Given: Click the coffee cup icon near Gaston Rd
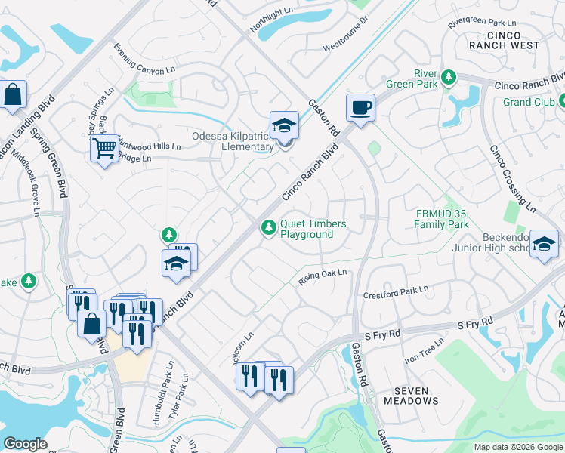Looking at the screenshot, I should (x=360, y=107).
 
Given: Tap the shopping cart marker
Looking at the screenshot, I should (x=104, y=147).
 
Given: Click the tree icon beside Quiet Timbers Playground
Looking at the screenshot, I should (x=268, y=227).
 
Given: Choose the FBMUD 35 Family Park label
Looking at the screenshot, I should (x=442, y=219).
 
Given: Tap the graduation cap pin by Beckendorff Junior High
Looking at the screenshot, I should (x=544, y=244).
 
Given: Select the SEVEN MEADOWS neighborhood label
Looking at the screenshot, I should (x=411, y=396).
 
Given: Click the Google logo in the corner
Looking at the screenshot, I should (x=25, y=444).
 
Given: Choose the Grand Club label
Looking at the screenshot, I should (x=529, y=102).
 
